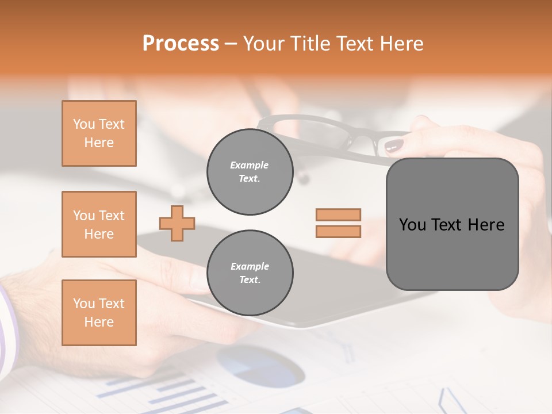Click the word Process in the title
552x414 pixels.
(x=181, y=44)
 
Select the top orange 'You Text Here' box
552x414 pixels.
(x=99, y=133)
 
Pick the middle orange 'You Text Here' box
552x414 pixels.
(x=99, y=224)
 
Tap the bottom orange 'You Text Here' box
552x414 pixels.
(x=99, y=312)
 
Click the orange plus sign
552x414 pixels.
(x=177, y=223)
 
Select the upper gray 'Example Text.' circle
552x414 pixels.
(x=250, y=172)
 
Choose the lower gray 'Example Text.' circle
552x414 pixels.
(x=250, y=273)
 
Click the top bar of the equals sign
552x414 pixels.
(x=338, y=214)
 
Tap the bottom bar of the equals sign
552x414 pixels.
(x=338, y=231)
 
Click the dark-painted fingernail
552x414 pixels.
(x=394, y=146)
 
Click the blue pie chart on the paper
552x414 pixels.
(x=262, y=365)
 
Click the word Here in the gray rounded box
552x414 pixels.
(x=486, y=225)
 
